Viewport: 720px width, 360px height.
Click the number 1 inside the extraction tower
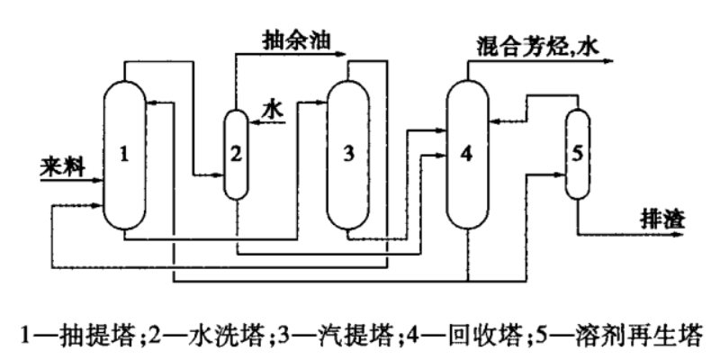click(x=126, y=154)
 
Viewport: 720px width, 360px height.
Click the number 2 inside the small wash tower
click(x=235, y=154)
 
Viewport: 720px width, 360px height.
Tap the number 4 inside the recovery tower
click(x=465, y=155)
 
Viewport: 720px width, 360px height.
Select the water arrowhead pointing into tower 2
click(x=252, y=126)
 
